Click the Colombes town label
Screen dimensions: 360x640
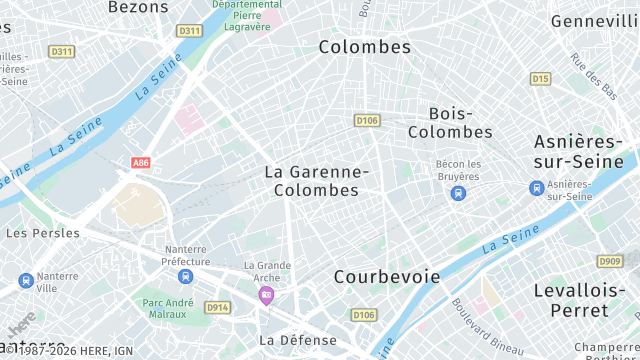tap(365, 47)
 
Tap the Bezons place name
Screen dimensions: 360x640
tap(132, 7)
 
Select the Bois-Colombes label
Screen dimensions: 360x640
tap(450, 123)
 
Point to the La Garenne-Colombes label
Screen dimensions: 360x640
tap(317, 181)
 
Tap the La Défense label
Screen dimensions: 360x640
tap(298, 340)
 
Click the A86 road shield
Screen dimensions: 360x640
tap(140, 162)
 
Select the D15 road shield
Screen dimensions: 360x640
tap(541, 78)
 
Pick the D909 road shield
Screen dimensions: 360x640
tap(609, 261)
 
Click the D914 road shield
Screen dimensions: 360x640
tap(217, 308)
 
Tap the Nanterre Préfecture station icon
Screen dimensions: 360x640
tap(185, 276)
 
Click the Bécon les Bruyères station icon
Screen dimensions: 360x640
tap(458, 193)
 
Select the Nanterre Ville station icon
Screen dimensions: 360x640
tap(25, 281)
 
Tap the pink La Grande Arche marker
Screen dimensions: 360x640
tap(266, 294)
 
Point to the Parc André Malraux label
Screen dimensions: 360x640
tap(168, 308)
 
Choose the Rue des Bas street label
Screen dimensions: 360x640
tap(594, 76)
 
